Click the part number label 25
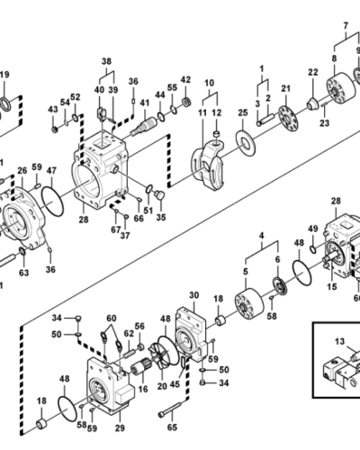click(243, 112)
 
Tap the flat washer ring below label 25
click(246, 143)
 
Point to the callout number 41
click(145, 103)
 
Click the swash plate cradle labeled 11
click(208, 165)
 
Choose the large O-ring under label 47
click(52, 201)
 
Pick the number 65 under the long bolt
click(172, 427)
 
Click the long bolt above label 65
click(170, 409)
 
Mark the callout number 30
click(194, 295)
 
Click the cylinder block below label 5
click(249, 304)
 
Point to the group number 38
click(106, 61)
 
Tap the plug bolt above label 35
click(159, 194)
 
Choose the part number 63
click(23, 273)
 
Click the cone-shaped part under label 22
click(313, 103)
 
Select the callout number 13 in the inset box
click(340, 341)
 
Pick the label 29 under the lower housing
click(120, 427)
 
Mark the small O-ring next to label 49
click(313, 249)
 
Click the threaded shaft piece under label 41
click(143, 125)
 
